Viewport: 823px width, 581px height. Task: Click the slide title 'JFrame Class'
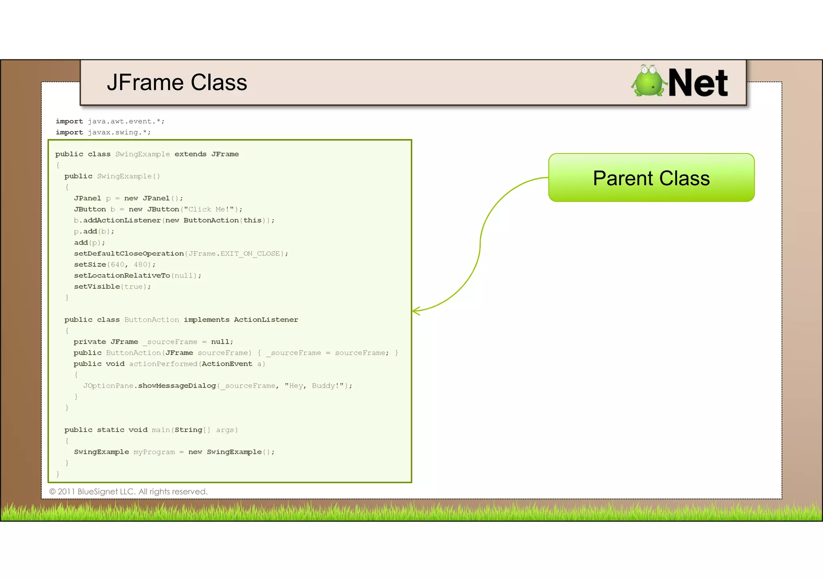(x=177, y=83)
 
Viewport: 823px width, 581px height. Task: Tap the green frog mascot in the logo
(x=648, y=82)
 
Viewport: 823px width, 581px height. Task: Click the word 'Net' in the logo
(x=698, y=83)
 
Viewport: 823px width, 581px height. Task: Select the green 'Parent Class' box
(x=651, y=178)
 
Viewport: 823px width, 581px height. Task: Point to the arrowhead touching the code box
(x=416, y=311)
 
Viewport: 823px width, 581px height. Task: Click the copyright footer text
(x=128, y=491)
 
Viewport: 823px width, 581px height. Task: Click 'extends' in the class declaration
(x=190, y=154)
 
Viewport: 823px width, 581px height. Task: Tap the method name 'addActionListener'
(x=122, y=220)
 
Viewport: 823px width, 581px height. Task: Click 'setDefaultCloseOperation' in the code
(x=129, y=254)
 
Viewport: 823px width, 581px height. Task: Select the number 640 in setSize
(x=118, y=265)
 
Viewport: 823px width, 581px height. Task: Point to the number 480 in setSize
(x=141, y=265)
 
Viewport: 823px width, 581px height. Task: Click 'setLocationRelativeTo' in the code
(x=122, y=275)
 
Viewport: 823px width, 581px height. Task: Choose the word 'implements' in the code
(x=207, y=320)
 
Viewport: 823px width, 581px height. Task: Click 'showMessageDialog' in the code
(x=177, y=386)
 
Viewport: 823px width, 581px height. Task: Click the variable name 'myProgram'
(x=154, y=452)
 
